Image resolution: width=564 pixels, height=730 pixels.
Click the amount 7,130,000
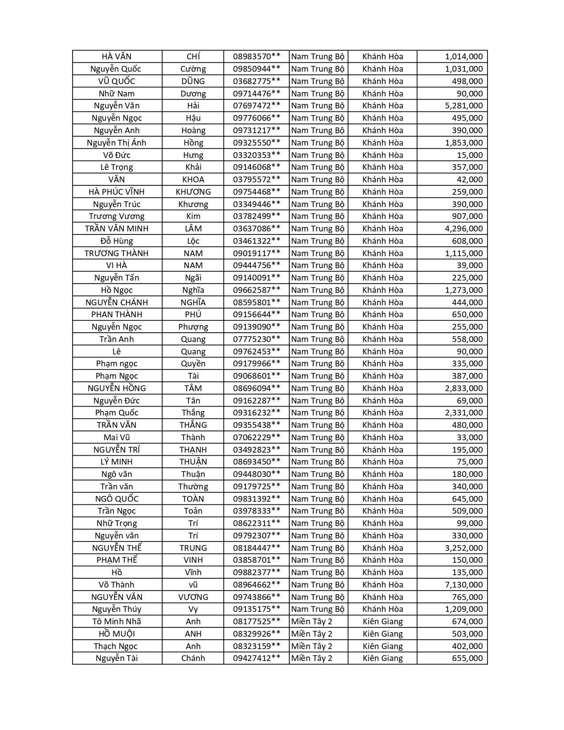[x=464, y=584]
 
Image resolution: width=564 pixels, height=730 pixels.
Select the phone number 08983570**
[x=257, y=56]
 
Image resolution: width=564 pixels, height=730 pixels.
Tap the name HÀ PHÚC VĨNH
[x=116, y=192]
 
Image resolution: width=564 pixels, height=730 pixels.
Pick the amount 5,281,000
[x=464, y=105]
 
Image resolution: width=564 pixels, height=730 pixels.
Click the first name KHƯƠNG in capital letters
[x=193, y=192]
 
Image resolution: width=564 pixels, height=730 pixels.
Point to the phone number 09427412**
[x=257, y=658]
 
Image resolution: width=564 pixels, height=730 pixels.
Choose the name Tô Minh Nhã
[x=116, y=621]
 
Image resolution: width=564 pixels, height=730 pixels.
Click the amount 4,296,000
[x=464, y=228]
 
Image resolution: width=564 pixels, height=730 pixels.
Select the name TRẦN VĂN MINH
[x=116, y=228]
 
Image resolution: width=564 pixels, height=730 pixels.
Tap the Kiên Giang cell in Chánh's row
[x=383, y=658]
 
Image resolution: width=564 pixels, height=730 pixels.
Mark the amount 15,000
[x=470, y=155]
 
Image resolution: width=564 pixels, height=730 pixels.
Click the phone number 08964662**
[x=257, y=584]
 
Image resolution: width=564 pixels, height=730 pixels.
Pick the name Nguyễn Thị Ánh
[x=116, y=142]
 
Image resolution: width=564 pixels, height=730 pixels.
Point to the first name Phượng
[x=193, y=327]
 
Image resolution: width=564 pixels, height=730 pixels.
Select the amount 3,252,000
[x=464, y=548]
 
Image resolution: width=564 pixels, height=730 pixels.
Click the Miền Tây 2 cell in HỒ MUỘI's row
[x=311, y=634]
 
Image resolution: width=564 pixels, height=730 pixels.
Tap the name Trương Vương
[x=116, y=216]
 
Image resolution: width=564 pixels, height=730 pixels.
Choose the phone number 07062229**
[x=257, y=437]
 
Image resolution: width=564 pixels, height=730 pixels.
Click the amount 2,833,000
[x=464, y=388]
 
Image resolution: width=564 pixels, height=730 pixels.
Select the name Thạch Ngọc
[x=116, y=646]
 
